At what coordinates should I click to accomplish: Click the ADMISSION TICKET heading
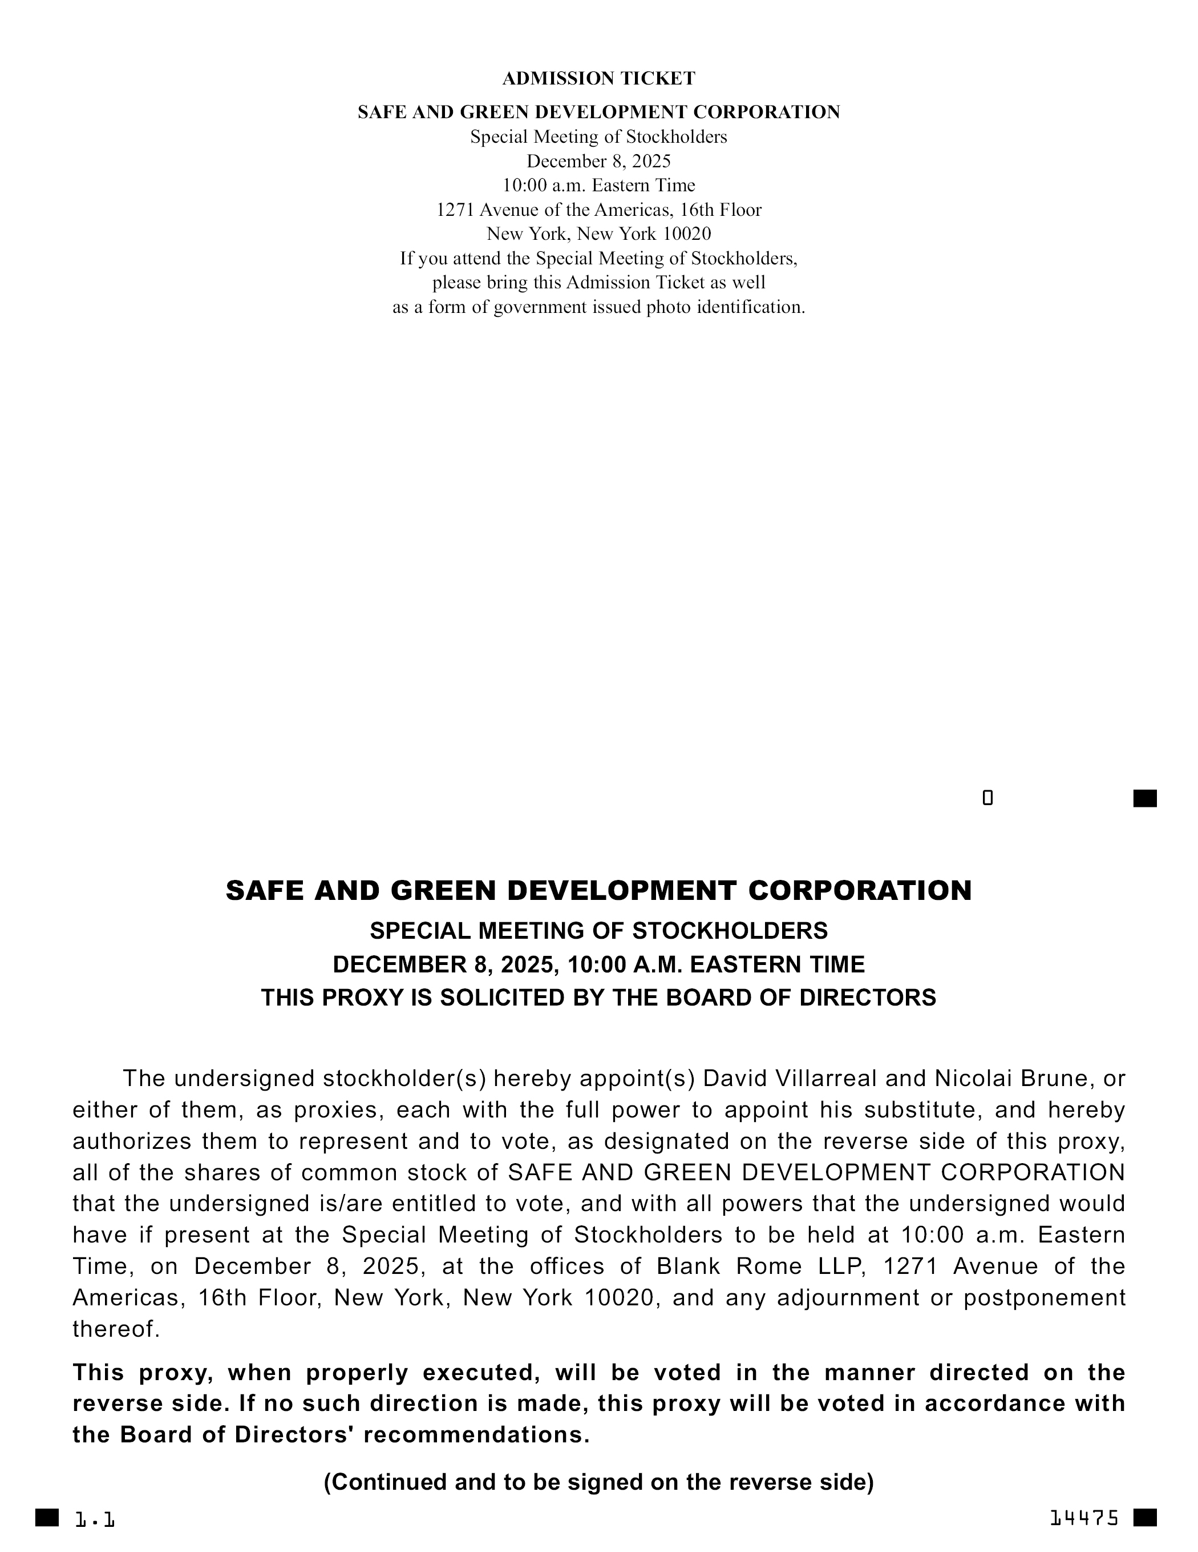point(598,78)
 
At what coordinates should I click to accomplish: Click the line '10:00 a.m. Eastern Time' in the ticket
point(598,186)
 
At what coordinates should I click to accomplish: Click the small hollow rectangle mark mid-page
point(987,798)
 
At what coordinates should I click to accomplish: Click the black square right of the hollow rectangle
point(1145,799)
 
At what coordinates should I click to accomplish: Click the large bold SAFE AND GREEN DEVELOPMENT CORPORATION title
point(598,890)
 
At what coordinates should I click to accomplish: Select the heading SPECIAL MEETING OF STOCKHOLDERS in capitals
point(598,930)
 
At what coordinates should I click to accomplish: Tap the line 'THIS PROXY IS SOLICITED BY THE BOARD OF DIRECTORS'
point(598,998)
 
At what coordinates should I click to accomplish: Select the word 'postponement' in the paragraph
point(1044,1297)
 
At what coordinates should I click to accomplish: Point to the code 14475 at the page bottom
point(1084,1518)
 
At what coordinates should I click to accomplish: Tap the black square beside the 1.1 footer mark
point(47,1517)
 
